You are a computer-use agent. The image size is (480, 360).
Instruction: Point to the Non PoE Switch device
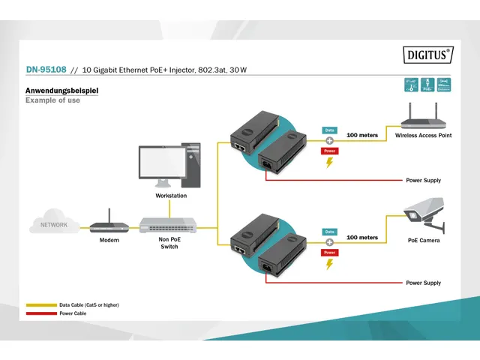(x=169, y=224)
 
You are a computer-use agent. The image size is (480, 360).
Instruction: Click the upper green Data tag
(x=329, y=130)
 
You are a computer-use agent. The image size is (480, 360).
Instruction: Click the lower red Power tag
(x=329, y=253)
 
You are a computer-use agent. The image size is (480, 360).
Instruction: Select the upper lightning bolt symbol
(x=328, y=163)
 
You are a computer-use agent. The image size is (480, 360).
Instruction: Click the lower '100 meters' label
(x=362, y=237)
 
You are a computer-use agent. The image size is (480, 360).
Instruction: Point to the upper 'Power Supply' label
(x=423, y=180)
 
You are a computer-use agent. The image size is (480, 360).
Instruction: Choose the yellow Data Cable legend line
(x=41, y=305)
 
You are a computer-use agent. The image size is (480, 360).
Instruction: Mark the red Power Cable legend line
(x=41, y=313)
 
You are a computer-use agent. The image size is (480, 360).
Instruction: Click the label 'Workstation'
(x=171, y=196)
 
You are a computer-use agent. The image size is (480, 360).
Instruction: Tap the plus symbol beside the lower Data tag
(x=328, y=242)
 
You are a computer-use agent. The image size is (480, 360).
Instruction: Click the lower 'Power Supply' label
(x=423, y=283)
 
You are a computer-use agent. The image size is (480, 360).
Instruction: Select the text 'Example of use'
(x=52, y=100)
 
